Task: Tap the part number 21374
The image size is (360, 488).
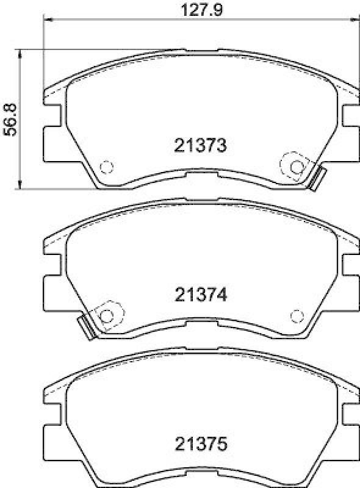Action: point(200,295)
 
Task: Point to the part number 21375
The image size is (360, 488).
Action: point(200,443)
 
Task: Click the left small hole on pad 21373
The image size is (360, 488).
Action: point(106,167)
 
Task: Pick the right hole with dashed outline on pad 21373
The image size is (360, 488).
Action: point(297,166)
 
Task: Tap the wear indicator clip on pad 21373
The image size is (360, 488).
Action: point(317,178)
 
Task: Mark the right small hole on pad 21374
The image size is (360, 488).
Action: point(297,315)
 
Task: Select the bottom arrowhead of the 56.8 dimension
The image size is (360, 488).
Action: point(22,185)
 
